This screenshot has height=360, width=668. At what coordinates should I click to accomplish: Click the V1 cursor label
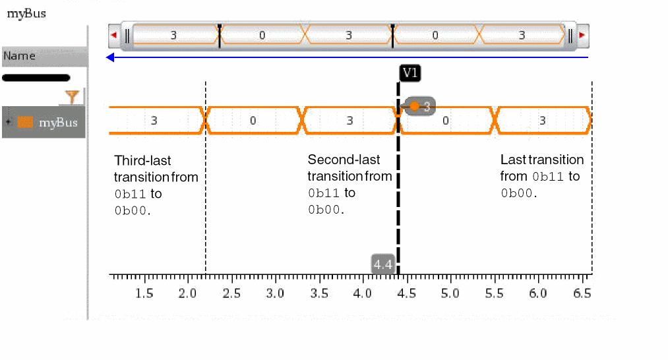(x=410, y=73)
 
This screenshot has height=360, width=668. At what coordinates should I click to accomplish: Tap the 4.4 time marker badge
(x=383, y=264)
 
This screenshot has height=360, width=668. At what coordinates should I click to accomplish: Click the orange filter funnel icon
(x=73, y=98)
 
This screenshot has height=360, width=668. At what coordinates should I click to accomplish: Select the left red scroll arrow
(x=114, y=35)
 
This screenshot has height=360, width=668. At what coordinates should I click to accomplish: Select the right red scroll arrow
(x=582, y=35)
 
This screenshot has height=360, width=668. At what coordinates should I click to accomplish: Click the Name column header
(x=20, y=56)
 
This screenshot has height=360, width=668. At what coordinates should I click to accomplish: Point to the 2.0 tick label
(x=188, y=293)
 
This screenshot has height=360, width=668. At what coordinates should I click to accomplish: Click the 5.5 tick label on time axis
(x=495, y=293)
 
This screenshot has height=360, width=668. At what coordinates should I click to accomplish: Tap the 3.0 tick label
(x=275, y=293)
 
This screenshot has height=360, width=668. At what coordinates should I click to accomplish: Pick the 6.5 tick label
(x=582, y=293)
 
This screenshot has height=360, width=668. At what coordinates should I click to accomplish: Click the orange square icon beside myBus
(x=25, y=122)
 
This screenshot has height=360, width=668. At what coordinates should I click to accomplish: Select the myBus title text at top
(x=26, y=13)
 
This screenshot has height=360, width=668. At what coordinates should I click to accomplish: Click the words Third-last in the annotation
(x=143, y=160)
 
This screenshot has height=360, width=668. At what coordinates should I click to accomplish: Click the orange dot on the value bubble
(x=414, y=106)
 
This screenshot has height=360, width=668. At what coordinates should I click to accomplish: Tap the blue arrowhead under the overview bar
(x=110, y=57)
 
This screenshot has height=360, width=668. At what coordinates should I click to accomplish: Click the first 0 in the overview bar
(x=262, y=35)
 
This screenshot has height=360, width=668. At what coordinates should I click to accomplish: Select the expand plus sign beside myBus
(x=8, y=122)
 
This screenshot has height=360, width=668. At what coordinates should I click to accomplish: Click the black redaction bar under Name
(x=36, y=78)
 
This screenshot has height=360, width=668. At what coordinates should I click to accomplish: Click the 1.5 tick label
(x=144, y=293)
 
